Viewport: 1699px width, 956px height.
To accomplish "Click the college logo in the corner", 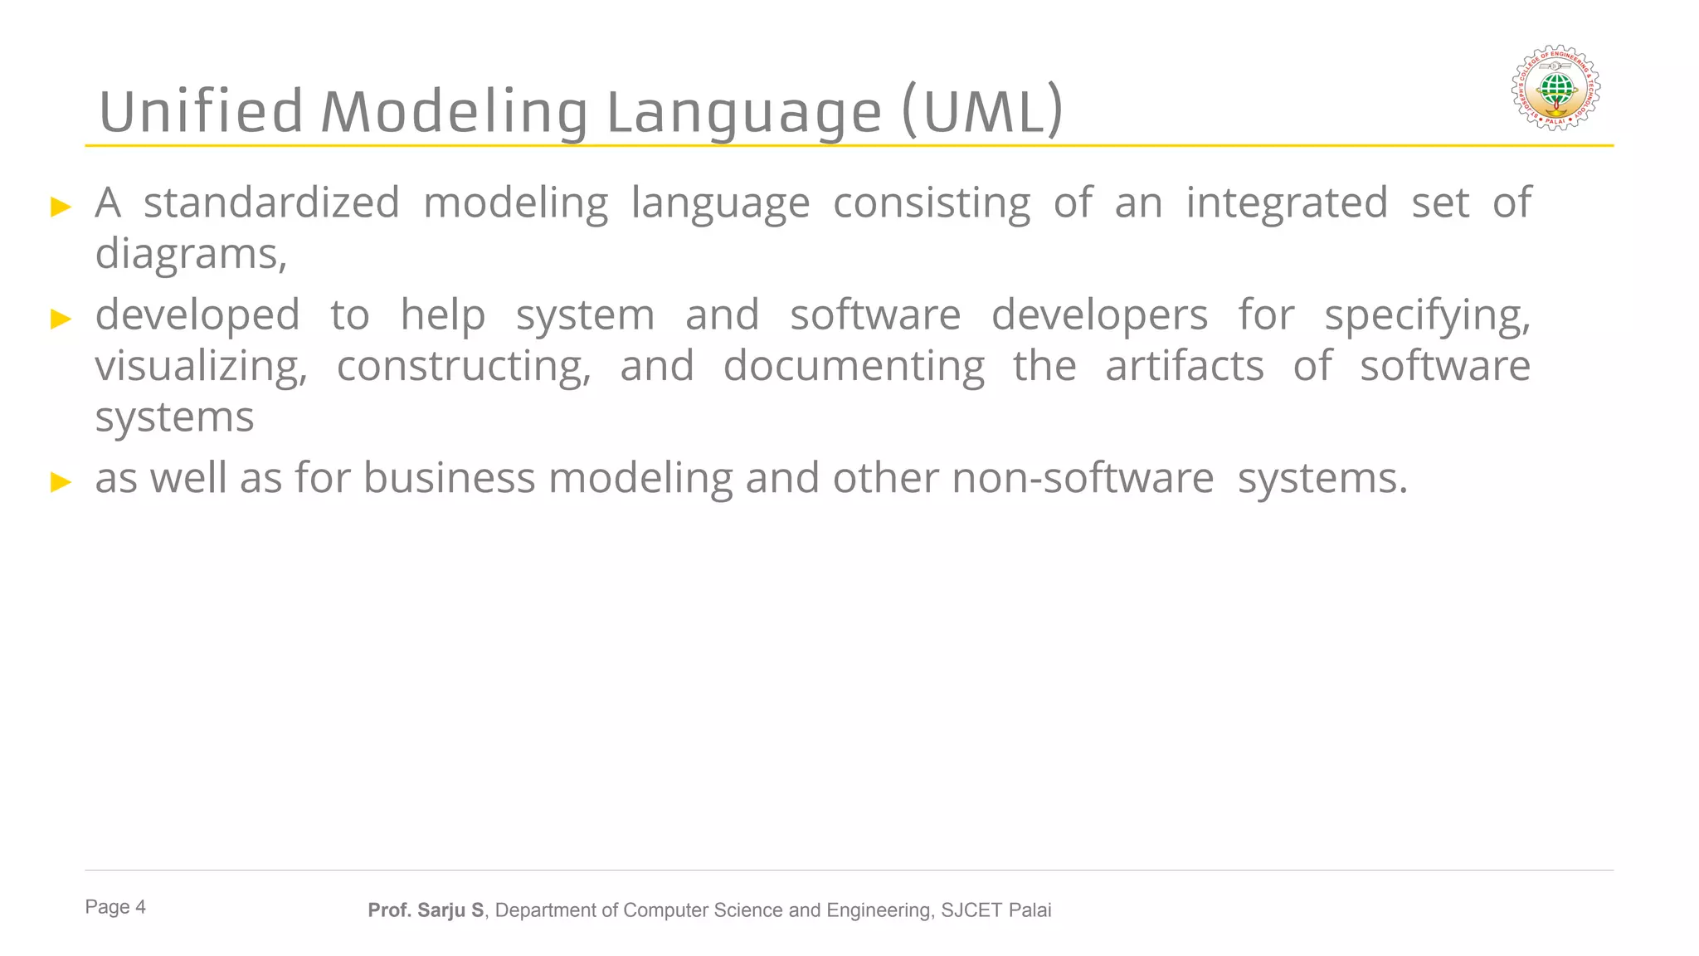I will pos(1555,87).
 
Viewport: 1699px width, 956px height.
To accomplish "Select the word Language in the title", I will pos(744,112).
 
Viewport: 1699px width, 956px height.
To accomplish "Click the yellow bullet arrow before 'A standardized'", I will pos(61,207).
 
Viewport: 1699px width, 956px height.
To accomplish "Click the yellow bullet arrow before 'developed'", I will pos(61,319).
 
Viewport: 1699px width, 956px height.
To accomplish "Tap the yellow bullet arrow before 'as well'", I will pos(61,481).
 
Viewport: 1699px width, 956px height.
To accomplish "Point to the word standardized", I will pos(271,203).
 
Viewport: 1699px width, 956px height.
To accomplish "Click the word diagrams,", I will pos(191,254).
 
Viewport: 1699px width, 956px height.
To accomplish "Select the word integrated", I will pos(1286,203).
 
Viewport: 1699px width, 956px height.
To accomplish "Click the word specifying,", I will pos(1427,316).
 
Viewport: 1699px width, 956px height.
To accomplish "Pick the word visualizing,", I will pos(201,367).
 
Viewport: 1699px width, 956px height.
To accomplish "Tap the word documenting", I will pos(854,367).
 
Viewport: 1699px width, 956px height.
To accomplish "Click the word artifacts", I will pos(1184,367).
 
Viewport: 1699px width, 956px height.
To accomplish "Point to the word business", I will pos(449,479).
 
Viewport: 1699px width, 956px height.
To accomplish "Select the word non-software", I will pos(1083,479).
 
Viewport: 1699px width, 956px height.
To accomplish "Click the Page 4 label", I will pos(115,907).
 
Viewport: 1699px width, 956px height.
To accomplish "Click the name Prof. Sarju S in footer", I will pos(426,910).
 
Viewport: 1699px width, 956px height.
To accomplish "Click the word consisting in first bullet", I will pos(931,203).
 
